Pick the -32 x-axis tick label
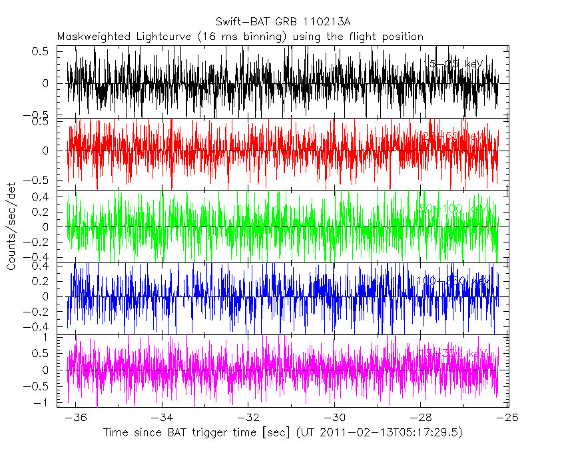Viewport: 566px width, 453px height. pyautogui.click(x=248, y=417)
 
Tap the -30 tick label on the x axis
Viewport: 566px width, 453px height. pyautogui.click(x=334, y=417)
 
